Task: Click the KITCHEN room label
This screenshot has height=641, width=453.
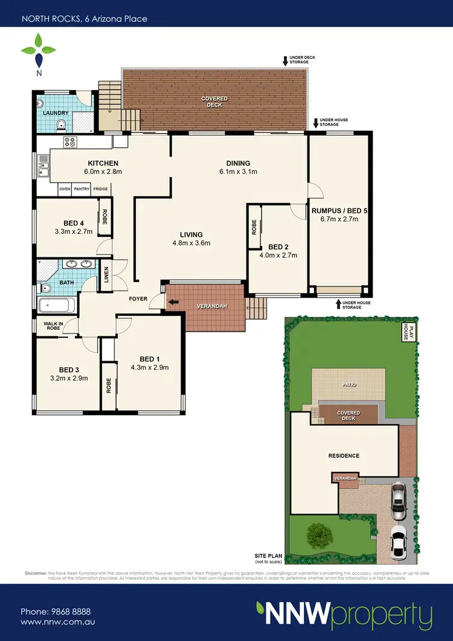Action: [x=103, y=163]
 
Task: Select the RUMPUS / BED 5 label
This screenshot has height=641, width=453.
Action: [x=339, y=211]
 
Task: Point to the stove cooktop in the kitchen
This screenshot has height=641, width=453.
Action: [x=70, y=143]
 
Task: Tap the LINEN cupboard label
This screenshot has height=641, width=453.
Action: [x=106, y=275]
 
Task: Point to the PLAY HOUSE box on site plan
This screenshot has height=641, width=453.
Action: [x=408, y=332]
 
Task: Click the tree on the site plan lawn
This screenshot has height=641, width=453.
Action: [x=318, y=535]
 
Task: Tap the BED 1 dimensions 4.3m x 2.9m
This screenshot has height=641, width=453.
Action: [x=149, y=367]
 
